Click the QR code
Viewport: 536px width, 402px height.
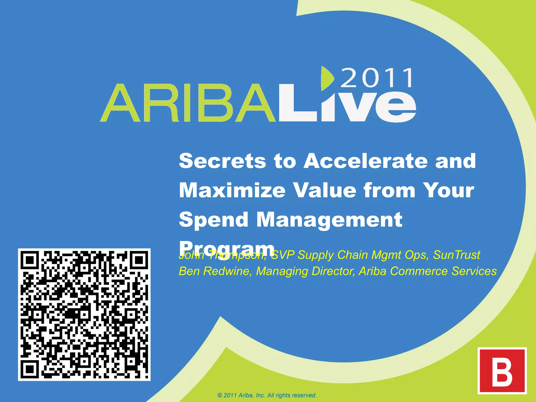(x=84, y=314)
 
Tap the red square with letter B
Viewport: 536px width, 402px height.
(x=502, y=371)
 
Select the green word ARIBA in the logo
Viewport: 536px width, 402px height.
(x=187, y=103)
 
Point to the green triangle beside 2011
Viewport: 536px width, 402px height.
(x=327, y=78)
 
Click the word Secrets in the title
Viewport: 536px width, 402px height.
(x=222, y=161)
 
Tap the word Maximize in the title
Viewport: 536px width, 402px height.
(x=232, y=190)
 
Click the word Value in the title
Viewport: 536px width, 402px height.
(x=325, y=190)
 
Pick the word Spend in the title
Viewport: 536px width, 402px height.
(x=214, y=220)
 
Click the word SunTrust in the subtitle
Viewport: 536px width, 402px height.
(x=456, y=255)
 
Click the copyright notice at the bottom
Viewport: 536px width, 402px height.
(x=267, y=395)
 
